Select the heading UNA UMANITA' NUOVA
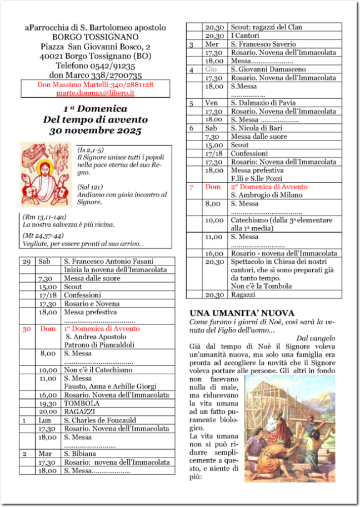[x=242, y=313]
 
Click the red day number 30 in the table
[x=26, y=329]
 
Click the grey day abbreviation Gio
[x=211, y=69]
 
